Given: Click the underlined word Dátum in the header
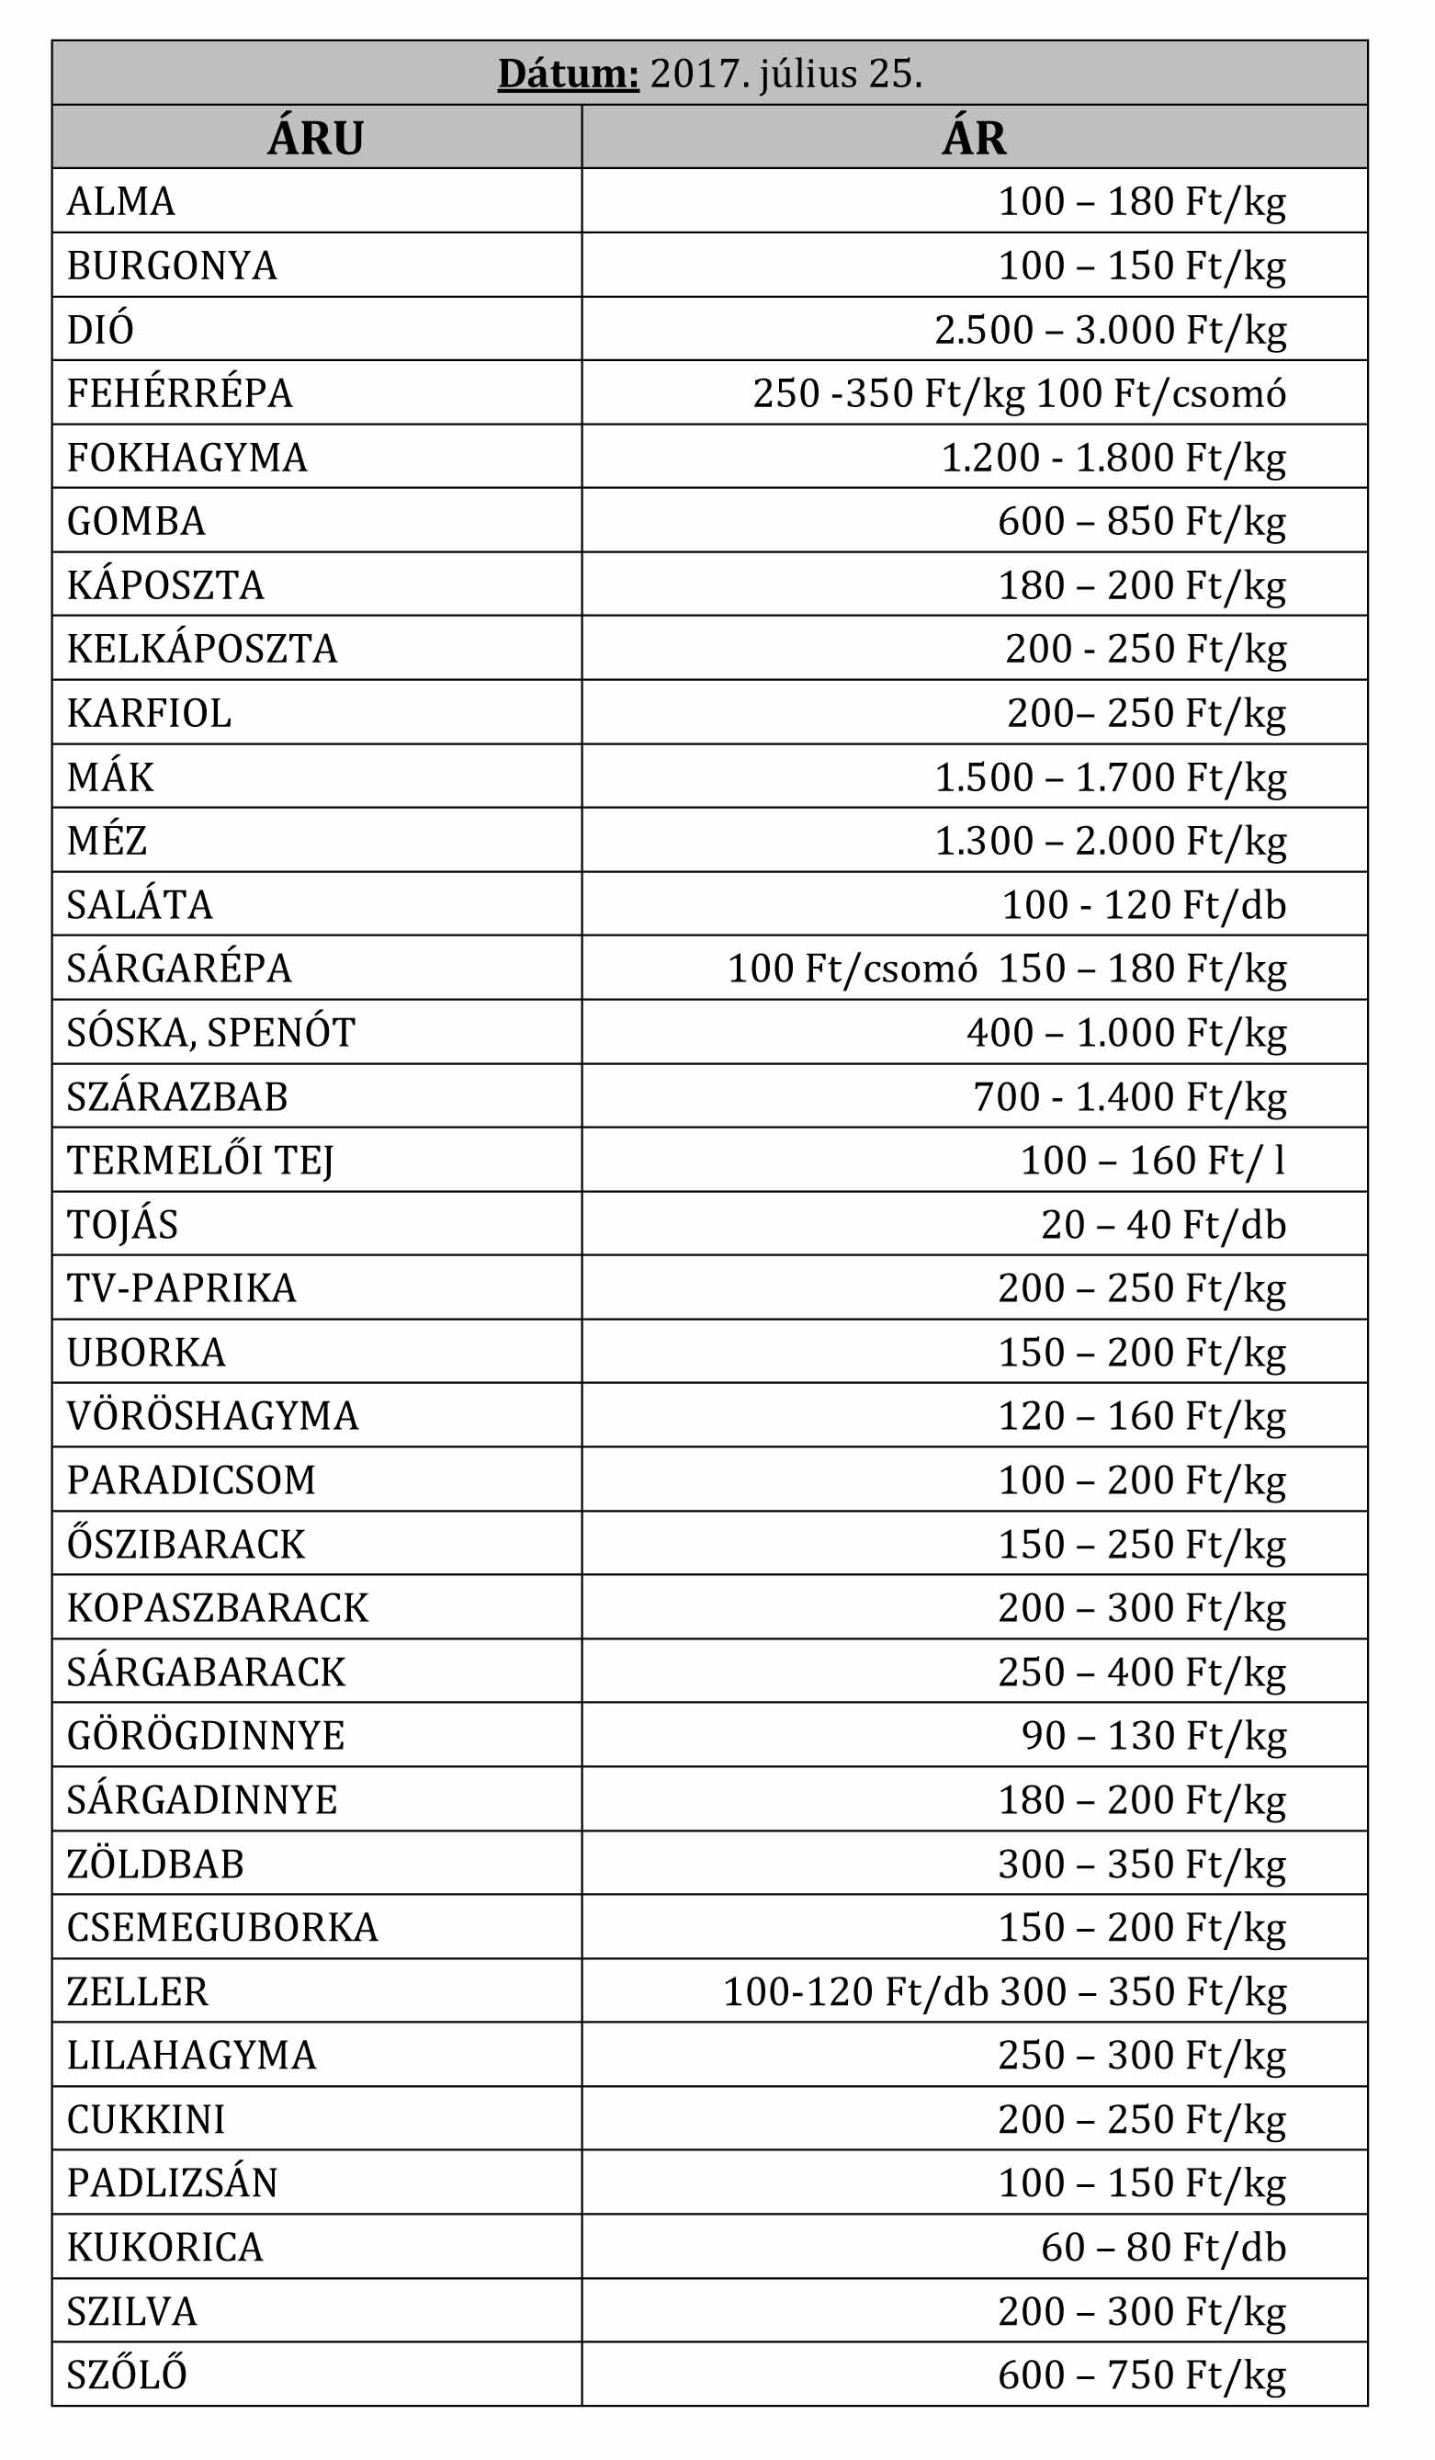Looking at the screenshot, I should [x=568, y=74].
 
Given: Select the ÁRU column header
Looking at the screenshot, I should [x=315, y=138].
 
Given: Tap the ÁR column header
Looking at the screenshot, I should [x=973, y=138].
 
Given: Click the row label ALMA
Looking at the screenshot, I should [x=121, y=201].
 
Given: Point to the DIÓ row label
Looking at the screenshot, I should [x=99, y=329].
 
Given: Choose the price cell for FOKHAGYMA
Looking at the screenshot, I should [x=1113, y=457].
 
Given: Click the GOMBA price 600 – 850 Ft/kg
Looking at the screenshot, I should [x=1141, y=520].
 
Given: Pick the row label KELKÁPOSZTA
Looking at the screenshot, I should [x=202, y=648].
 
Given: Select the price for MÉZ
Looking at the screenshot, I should [x=1110, y=841].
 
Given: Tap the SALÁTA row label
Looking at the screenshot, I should [x=140, y=904].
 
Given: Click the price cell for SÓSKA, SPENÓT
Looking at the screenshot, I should [x=1125, y=1032].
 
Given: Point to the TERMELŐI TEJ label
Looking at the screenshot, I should [x=200, y=1160].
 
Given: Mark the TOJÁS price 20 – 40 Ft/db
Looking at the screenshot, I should [x=1163, y=1224].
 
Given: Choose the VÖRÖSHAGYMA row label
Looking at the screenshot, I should [x=213, y=1415].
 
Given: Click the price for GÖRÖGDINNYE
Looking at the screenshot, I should [x=1153, y=1735].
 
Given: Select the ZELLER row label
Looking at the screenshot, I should [x=138, y=1991].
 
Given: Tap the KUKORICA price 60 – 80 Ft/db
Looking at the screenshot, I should [x=1163, y=2247].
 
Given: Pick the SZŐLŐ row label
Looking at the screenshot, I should [x=127, y=2375].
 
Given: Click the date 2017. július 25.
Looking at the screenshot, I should [x=785, y=74].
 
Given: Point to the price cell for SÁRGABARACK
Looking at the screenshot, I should [x=1141, y=1672].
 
